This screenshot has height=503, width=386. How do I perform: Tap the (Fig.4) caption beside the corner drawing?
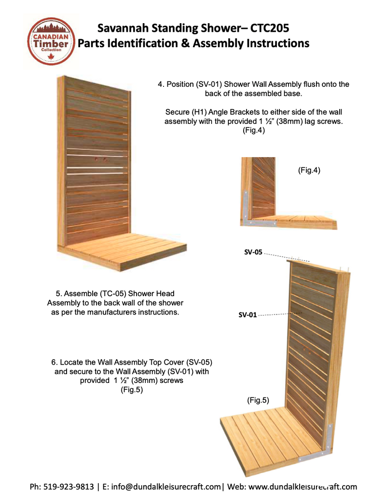(x=309, y=170)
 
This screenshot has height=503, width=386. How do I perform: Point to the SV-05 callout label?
(x=252, y=252)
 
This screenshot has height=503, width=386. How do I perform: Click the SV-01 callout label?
(x=247, y=315)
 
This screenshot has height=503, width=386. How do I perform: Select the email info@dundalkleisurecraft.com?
(x=165, y=487)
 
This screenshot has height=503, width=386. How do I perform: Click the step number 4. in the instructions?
(x=161, y=84)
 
